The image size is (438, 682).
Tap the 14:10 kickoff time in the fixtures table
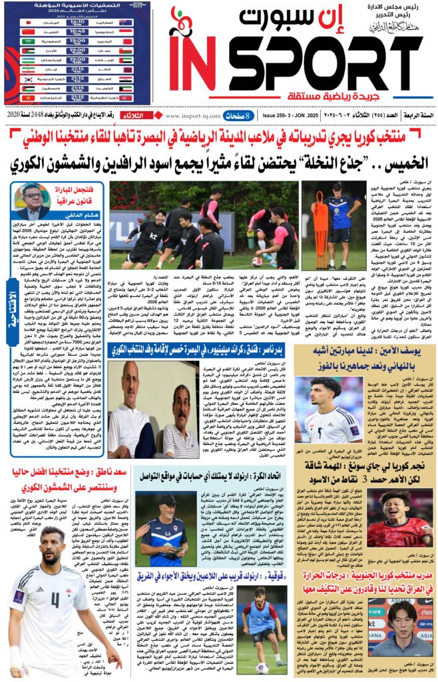coord(76,21)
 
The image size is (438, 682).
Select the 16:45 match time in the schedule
coord(76,31)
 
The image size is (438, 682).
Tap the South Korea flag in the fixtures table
coord(27,79)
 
